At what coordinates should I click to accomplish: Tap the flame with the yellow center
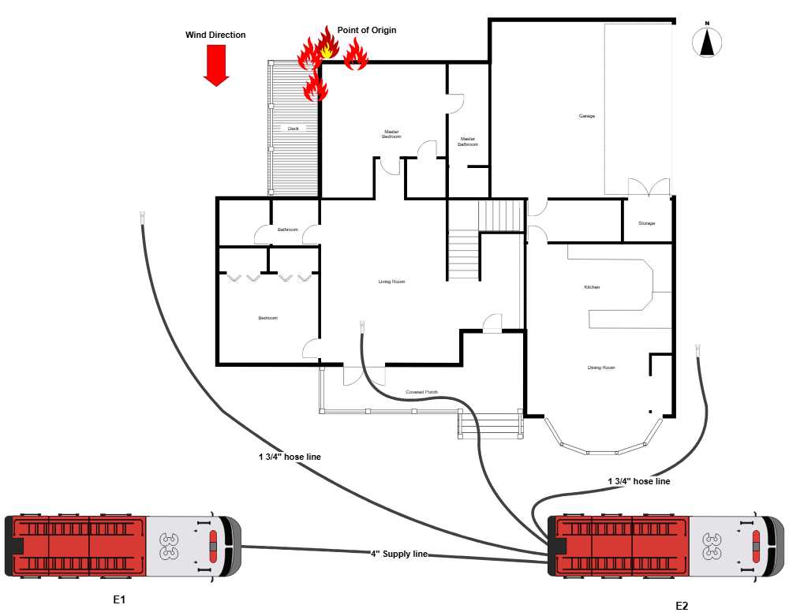327,46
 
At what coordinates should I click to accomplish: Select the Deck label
294,128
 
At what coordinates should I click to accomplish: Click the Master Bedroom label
391,134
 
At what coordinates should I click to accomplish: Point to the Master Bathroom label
468,141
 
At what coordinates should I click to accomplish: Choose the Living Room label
391,282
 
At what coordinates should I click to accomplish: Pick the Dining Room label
601,368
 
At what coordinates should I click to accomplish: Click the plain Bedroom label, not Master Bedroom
267,318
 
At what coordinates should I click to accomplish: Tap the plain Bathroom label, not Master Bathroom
288,230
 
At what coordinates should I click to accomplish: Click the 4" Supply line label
399,554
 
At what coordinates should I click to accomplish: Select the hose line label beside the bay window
638,481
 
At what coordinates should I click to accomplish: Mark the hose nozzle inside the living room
362,326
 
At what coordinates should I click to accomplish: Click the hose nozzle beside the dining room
697,349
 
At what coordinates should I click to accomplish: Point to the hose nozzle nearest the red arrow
143,218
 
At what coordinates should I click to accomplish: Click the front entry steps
490,426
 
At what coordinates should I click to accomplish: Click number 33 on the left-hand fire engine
169,546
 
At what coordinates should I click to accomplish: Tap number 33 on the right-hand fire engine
712,546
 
